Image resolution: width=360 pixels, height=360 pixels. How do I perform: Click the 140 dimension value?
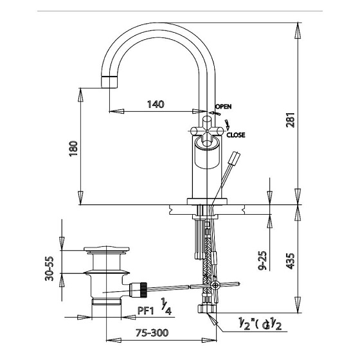point(156,104)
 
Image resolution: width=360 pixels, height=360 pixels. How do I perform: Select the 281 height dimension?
point(290,120)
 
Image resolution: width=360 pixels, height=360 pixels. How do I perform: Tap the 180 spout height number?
point(74,148)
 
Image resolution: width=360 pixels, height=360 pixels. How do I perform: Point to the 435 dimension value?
point(290,261)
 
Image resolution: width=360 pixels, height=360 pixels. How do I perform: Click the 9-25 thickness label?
point(262,260)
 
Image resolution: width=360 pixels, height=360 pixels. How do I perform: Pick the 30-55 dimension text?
point(49,269)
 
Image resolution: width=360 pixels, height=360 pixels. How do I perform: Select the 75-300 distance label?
point(152,333)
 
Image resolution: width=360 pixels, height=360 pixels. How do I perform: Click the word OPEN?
point(224,106)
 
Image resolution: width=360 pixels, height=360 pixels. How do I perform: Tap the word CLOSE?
point(236,135)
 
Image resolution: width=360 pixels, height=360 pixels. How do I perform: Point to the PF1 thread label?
point(145,311)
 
